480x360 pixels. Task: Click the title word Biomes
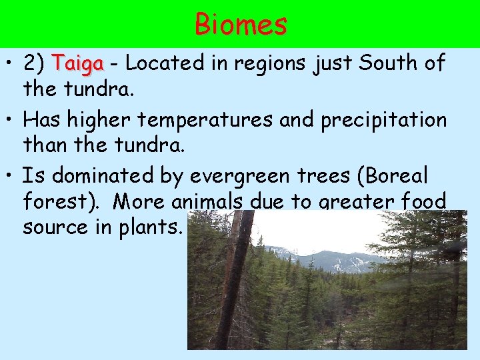(x=241, y=25)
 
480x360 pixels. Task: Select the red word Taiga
(x=79, y=64)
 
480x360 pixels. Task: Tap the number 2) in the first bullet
(x=34, y=64)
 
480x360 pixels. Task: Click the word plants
(x=149, y=227)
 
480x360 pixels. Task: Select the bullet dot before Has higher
(x=11, y=121)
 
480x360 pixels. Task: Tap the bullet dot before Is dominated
(x=11, y=177)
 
